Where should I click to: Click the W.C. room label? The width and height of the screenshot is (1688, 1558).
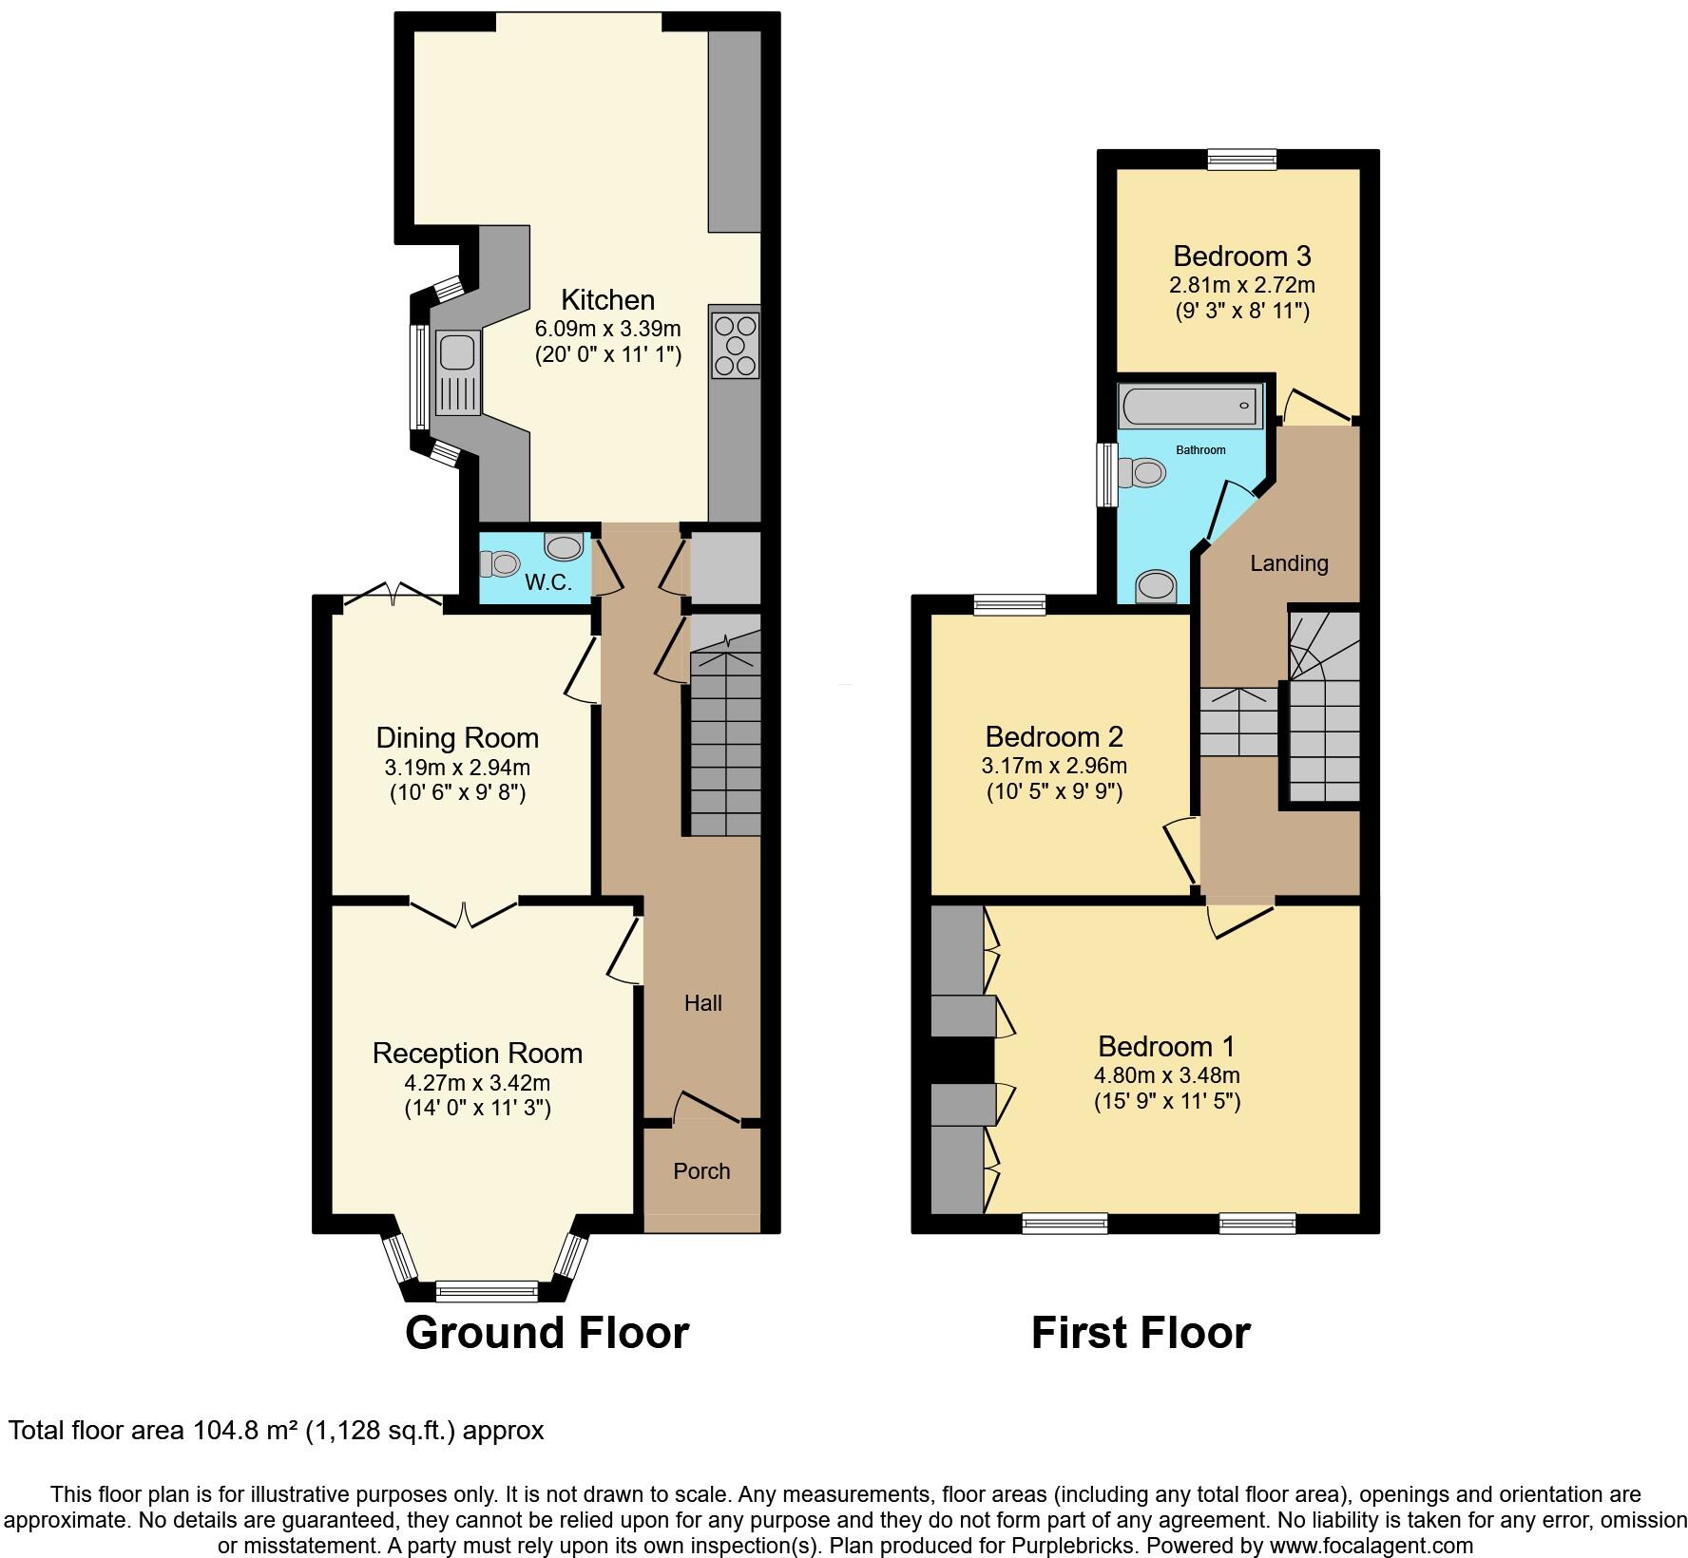click(548, 583)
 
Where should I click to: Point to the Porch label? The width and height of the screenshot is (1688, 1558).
click(701, 1171)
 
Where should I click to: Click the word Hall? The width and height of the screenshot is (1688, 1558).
click(703, 1003)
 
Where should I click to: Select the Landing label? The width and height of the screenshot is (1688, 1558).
click(1289, 563)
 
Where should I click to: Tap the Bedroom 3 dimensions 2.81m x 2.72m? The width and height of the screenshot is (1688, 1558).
click(1241, 285)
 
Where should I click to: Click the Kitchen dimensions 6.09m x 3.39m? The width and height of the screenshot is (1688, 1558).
click(608, 330)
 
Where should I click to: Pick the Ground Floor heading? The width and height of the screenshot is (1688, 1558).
click(547, 1333)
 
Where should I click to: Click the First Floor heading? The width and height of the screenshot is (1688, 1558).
click(1141, 1333)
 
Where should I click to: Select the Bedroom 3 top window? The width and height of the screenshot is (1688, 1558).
click(1242, 160)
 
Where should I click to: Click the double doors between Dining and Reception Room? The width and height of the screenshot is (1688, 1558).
click(464, 913)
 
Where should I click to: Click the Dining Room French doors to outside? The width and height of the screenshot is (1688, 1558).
click(393, 596)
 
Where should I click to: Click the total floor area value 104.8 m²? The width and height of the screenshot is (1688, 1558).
click(246, 1431)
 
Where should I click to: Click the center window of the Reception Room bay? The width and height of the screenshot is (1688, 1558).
click(486, 1291)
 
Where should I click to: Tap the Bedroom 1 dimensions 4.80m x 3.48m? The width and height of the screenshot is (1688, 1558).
click(1166, 1076)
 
